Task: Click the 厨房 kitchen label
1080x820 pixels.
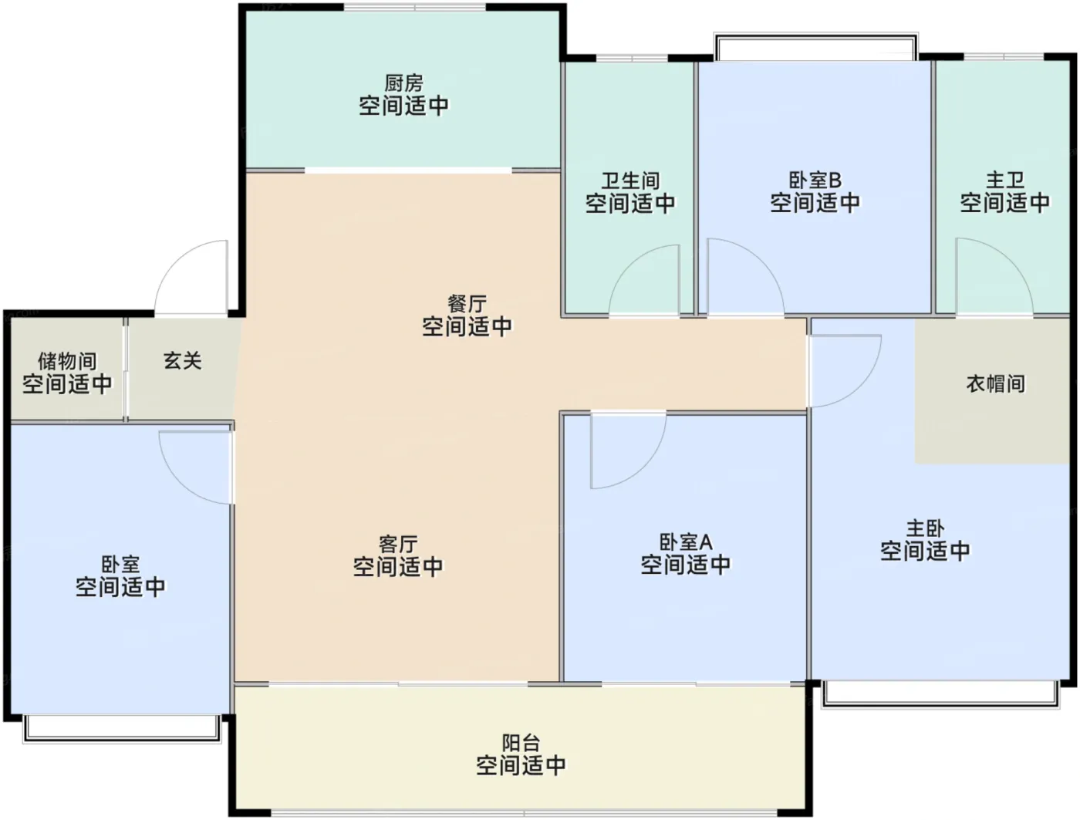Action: (x=403, y=83)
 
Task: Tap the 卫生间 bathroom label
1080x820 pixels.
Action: (x=630, y=181)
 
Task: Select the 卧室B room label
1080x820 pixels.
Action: (x=815, y=180)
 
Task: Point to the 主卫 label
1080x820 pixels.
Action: (x=1005, y=180)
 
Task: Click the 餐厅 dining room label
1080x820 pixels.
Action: (x=467, y=303)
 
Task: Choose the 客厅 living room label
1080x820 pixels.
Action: (x=398, y=544)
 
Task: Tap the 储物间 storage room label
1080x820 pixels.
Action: (x=67, y=361)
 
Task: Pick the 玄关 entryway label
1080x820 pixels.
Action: (x=183, y=360)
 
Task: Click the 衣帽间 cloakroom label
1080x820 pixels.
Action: (x=996, y=383)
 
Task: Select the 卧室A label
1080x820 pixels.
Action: (x=686, y=542)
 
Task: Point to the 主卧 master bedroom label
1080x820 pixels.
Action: (x=925, y=528)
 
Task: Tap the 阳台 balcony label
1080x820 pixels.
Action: (x=521, y=743)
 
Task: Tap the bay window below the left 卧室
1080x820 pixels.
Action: (x=122, y=729)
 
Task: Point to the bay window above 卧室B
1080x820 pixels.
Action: (x=815, y=47)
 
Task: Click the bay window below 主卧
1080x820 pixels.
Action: (x=940, y=694)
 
